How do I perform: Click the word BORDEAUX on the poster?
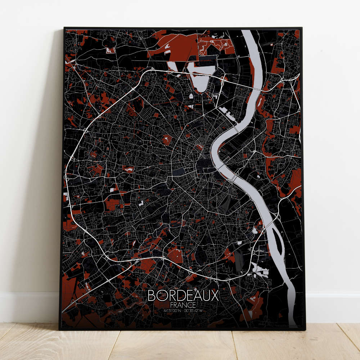[x=183, y=296]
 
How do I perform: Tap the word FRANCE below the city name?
[x=183, y=305]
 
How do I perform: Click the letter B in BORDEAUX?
[x=152, y=296]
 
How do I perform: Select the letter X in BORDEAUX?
[x=215, y=296]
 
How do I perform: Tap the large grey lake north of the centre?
[x=198, y=79]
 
